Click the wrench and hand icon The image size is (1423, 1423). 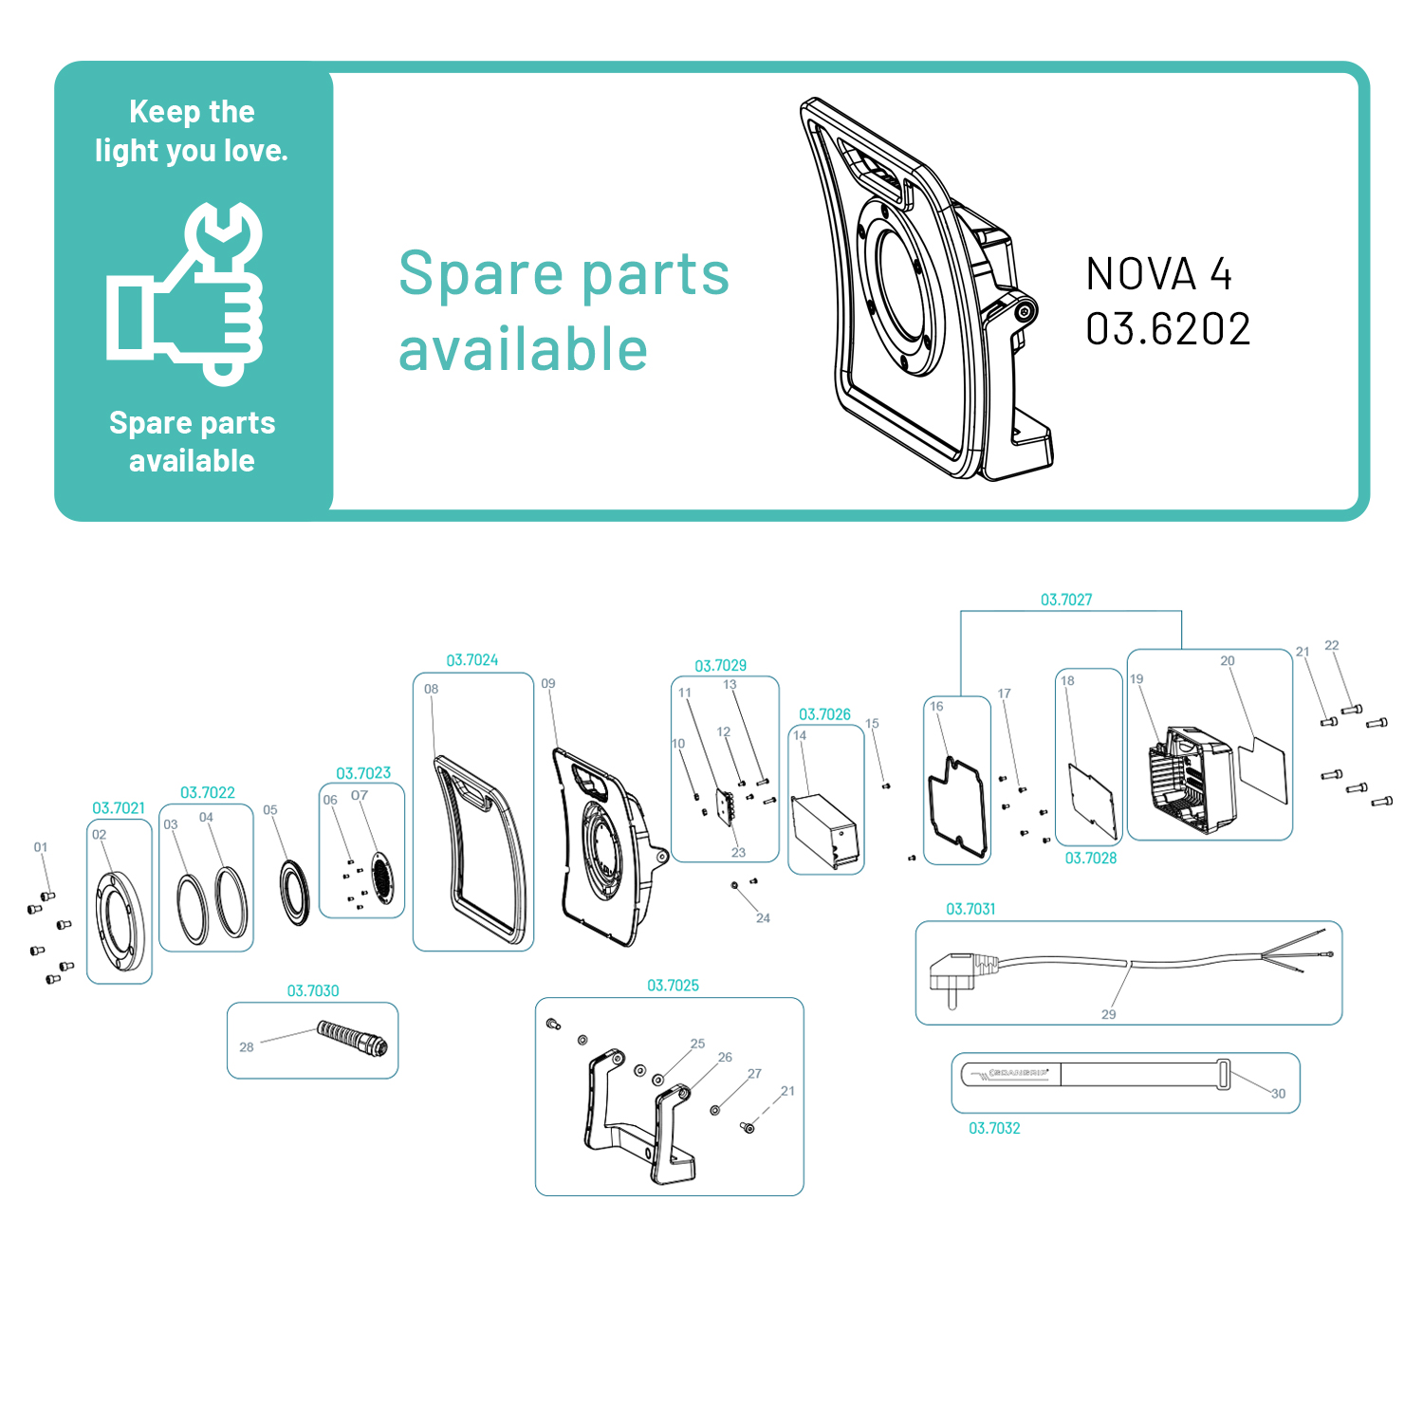click(186, 294)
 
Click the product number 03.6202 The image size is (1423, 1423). click(1168, 329)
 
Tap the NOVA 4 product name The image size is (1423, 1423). click(1158, 274)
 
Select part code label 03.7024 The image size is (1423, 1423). click(471, 660)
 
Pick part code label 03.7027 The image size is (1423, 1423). click(1065, 600)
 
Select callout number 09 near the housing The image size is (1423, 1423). click(548, 683)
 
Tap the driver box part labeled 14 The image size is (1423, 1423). click(823, 832)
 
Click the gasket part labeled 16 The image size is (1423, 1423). click(957, 806)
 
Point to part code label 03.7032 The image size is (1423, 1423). click(994, 1128)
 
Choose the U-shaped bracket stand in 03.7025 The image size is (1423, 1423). click(636, 1119)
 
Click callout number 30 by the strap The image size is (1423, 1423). click(1278, 1094)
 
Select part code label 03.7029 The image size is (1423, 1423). click(720, 666)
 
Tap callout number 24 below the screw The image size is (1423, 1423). click(763, 918)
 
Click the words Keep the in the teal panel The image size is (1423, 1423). click(192, 112)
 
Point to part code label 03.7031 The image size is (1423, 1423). click(970, 909)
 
